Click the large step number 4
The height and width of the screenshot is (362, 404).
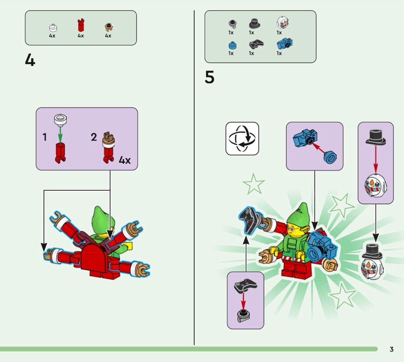(30, 60)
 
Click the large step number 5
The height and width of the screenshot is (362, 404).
(210, 78)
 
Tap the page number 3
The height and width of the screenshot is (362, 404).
(391, 349)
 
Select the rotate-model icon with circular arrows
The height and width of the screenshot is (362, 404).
(242, 138)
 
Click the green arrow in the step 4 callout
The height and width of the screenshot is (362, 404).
(60, 133)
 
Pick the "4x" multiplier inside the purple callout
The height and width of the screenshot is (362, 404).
(124, 160)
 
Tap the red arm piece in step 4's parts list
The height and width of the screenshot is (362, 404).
(80, 25)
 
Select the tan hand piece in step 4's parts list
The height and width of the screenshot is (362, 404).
(108, 26)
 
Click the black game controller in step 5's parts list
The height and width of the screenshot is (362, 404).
(251, 44)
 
